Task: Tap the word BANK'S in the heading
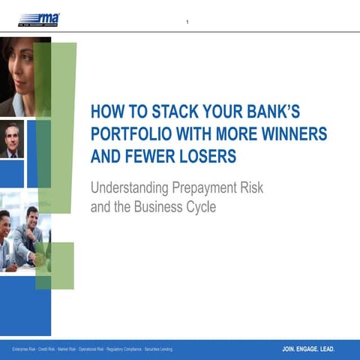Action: click(x=274, y=112)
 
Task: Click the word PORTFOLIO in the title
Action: click(x=133, y=135)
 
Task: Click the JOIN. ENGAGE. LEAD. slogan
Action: click(x=308, y=349)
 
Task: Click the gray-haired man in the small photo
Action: click(x=11, y=140)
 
